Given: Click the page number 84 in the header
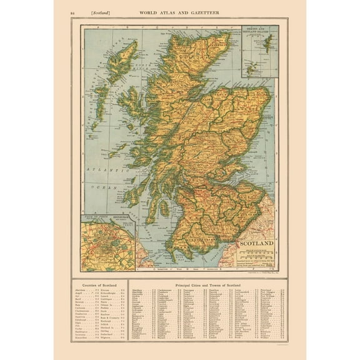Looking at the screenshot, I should pyautogui.click(x=76, y=12).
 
